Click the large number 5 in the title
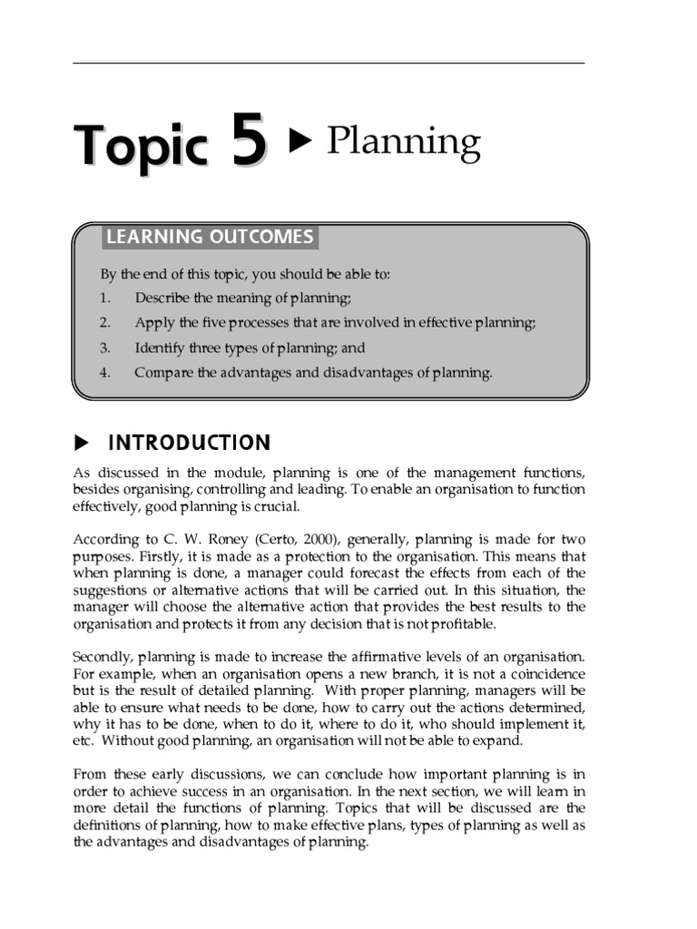(250, 144)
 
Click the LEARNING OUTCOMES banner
(210, 238)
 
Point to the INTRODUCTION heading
(189, 443)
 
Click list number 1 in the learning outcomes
(104, 298)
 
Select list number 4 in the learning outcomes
(104, 372)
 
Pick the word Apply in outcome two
(151, 322)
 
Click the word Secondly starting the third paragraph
(103, 656)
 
